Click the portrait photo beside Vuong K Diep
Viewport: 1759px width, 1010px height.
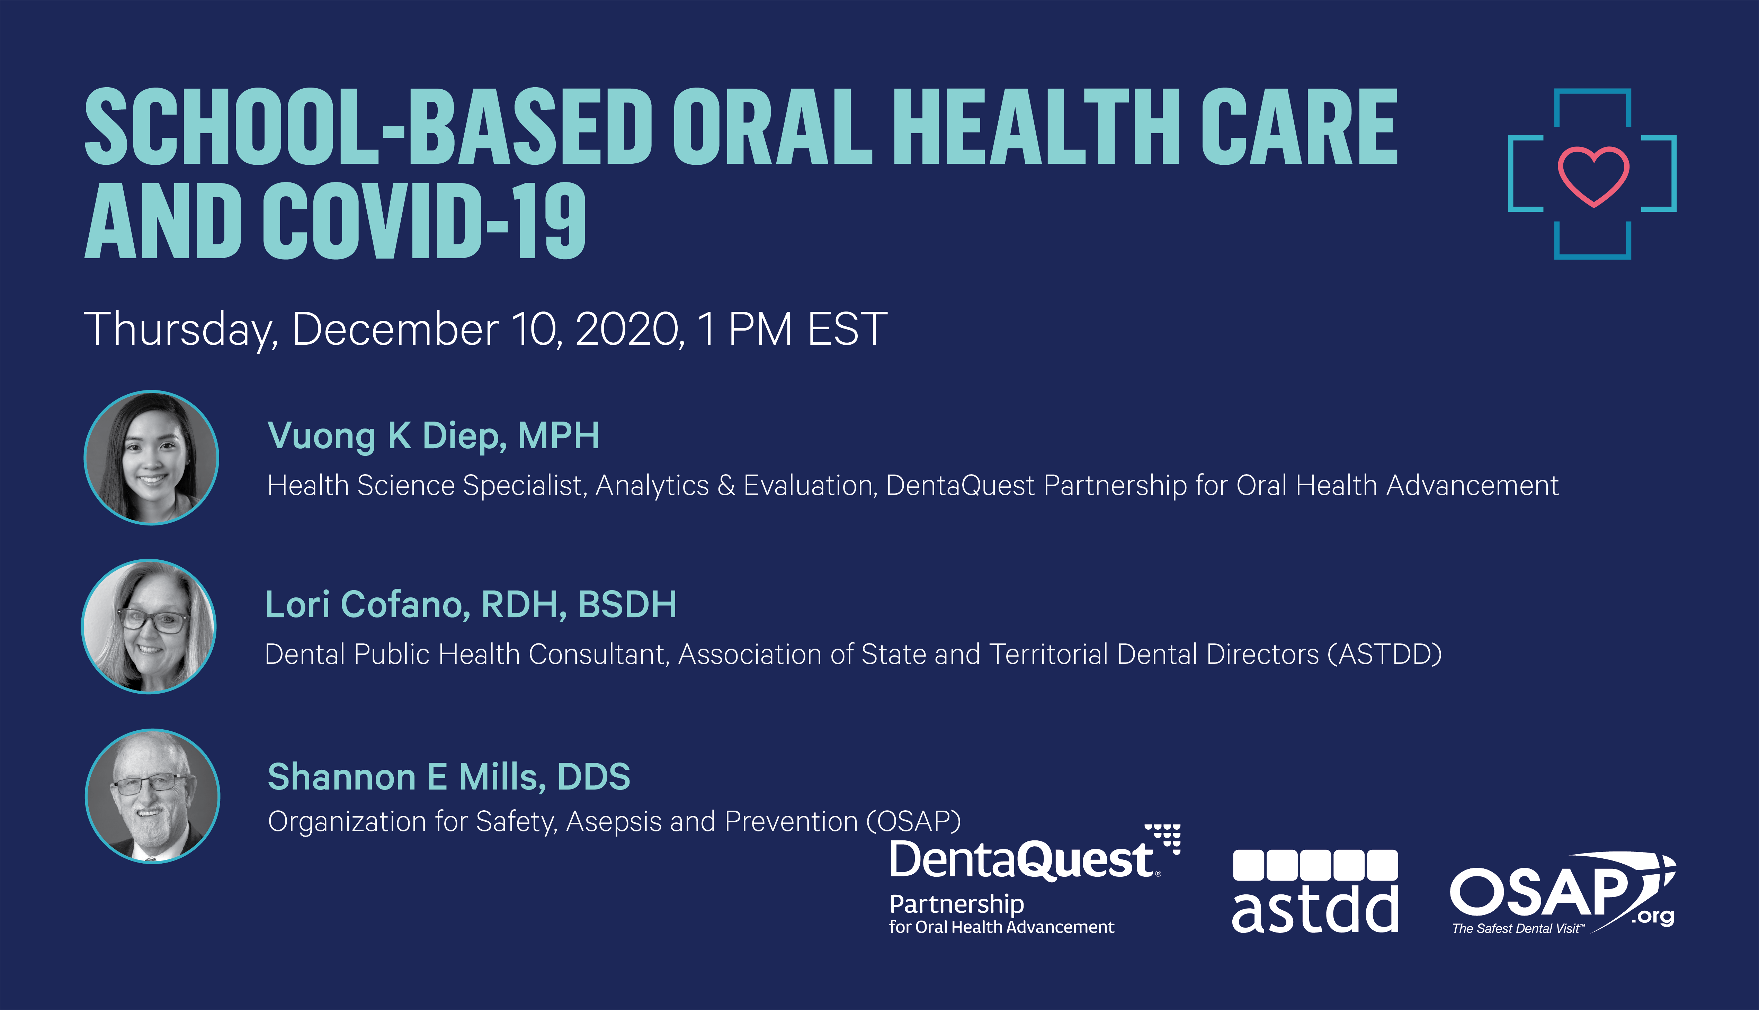click(151, 458)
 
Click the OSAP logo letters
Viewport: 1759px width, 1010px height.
click(1541, 891)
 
